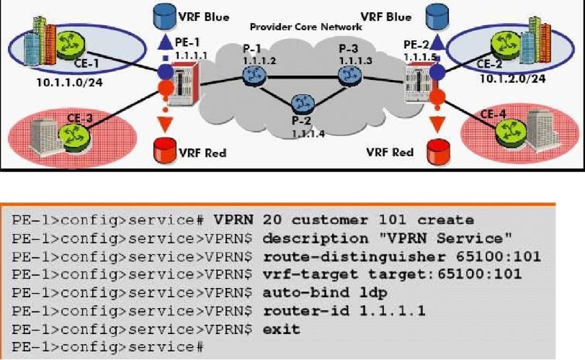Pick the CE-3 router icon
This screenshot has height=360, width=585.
(x=72, y=134)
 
